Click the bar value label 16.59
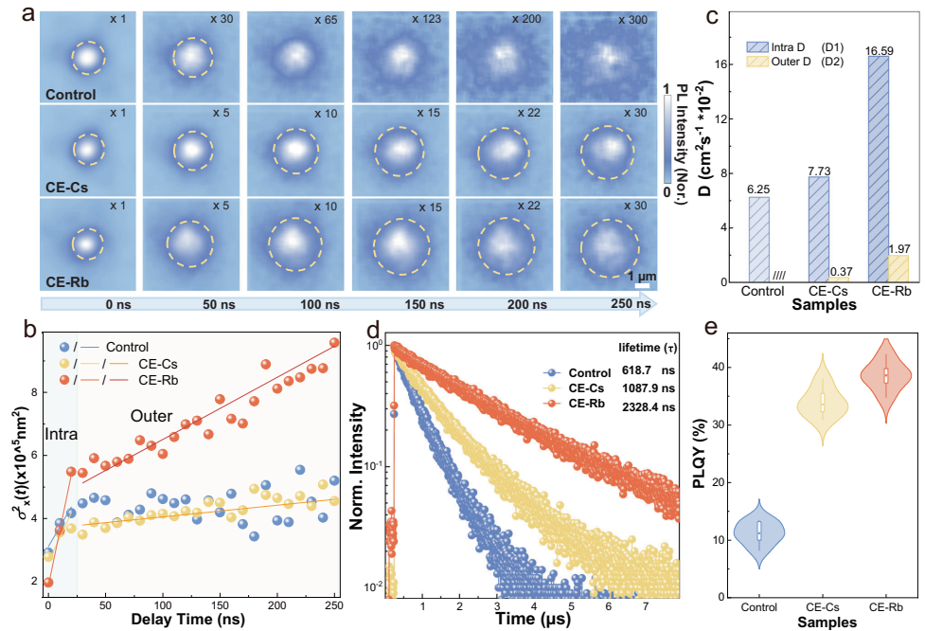883,48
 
